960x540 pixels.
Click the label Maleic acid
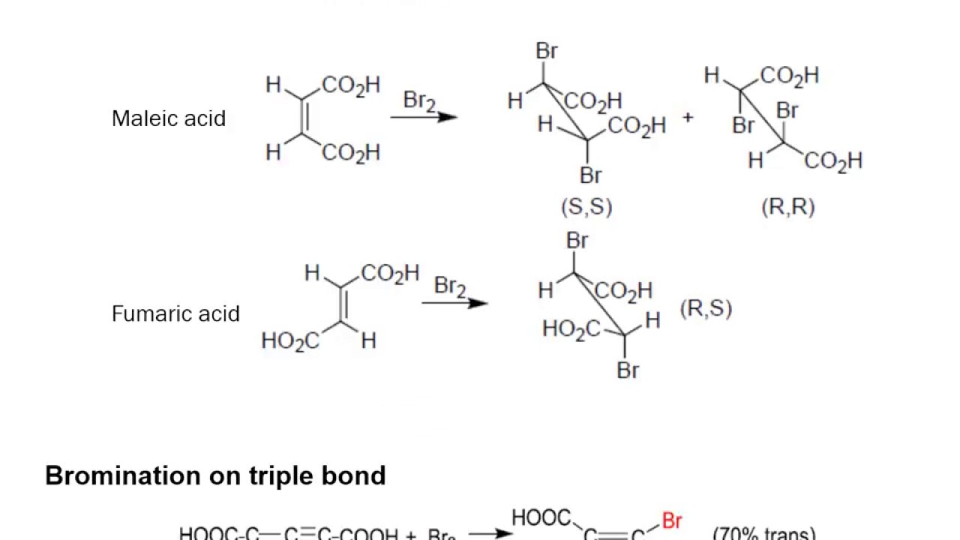tap(168, 118)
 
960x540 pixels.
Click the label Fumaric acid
tap(175, 313)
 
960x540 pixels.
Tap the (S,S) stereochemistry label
tap(586, 207)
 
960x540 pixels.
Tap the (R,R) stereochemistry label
tap(787, 207)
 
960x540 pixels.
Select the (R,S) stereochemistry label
tap(706, 308)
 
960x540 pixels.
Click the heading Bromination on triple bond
tap(215, 475)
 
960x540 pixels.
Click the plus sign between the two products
tap(688, 118)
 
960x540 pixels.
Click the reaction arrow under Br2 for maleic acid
tap(424, 117)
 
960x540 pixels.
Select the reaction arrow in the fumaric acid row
tap(455, 303)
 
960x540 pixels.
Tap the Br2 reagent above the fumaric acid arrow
tap(450, 286)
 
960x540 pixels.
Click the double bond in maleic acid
tap(304, 118)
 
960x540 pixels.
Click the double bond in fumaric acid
tap(343, 304)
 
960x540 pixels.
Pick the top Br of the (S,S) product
tap(547, 51)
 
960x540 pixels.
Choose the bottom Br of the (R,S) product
tap(628, 370)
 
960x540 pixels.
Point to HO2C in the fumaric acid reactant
tap(289, 341)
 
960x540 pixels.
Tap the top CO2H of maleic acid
tap(351, 85)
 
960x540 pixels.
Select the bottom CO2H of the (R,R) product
tap(833, 161)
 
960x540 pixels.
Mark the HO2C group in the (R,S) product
tap(571, 329)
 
